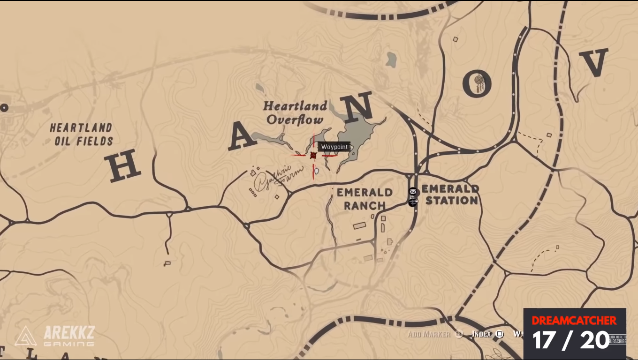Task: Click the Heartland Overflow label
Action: [295, 112]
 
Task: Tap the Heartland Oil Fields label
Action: [82, 134]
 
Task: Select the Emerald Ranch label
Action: [365, 199]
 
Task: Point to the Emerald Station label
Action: [450, 195]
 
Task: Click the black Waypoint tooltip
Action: [334, 147]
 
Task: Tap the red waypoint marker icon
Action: [313, 155]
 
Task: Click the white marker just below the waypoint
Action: [317, 171]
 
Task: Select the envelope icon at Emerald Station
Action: [412, 191]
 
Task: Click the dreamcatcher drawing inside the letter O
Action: [478, 84]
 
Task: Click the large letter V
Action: [594, 62]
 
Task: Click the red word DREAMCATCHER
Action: [574, 321]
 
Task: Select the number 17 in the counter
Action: [544, 340]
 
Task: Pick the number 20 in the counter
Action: [595, 340]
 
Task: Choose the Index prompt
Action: [482, 334]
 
